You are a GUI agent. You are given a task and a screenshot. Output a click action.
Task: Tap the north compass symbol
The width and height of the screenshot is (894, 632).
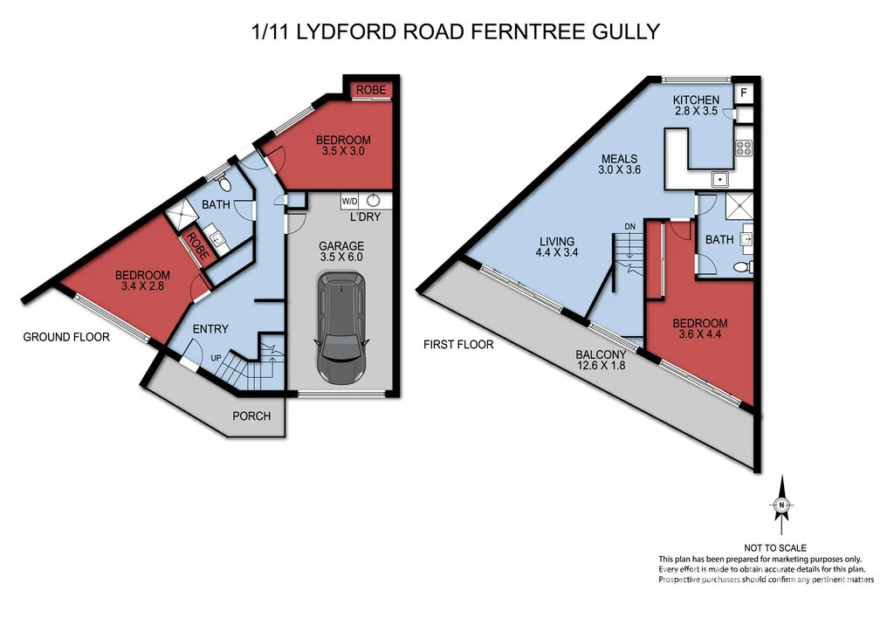pyautogui.click(x=781, y=505)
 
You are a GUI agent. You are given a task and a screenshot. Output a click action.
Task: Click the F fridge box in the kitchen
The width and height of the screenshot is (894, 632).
pyautogui.click(x=743, y=93)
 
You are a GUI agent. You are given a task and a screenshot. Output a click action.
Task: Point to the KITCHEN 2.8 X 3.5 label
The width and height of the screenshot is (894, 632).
pyautogui.click(x=696, y=106)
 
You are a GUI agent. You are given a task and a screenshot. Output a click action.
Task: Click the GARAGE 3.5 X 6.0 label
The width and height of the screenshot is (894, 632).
pyautogui.click(x=341, y=251)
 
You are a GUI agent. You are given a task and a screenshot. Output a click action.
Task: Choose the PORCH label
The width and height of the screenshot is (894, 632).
pyautogui.click(x=251, y=416)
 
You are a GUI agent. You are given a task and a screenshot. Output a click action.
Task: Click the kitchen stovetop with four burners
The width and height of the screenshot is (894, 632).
pyautogui.click(x=745, y=148)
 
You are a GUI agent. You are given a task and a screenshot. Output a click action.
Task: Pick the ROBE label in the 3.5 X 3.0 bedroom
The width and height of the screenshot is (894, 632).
pyautogui.click(x=371, y=89)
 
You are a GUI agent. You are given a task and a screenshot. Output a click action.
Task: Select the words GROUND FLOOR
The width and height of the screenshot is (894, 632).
pyautogui.click(x=66, y=337)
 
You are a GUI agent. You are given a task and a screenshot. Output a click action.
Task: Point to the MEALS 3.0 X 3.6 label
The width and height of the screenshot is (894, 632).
pyautogui.click(x=619, y=165)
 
